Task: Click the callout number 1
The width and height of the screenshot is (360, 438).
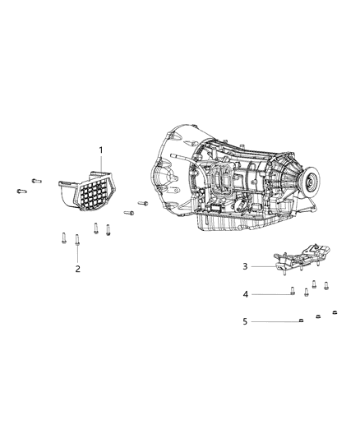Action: (101, 150)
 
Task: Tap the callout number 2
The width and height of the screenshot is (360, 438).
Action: (77, 269)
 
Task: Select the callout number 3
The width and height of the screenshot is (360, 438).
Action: (244, 266)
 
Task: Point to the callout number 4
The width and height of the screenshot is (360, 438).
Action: (244, 293)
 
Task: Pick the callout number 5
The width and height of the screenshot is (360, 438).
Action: (244, 320)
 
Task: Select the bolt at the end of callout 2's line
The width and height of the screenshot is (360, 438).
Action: (77, 241)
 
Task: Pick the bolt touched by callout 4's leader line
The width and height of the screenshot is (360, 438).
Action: (293, 290)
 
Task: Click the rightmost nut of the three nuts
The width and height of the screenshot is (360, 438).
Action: (335, 312)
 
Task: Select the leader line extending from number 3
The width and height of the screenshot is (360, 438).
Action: (263, 266)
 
